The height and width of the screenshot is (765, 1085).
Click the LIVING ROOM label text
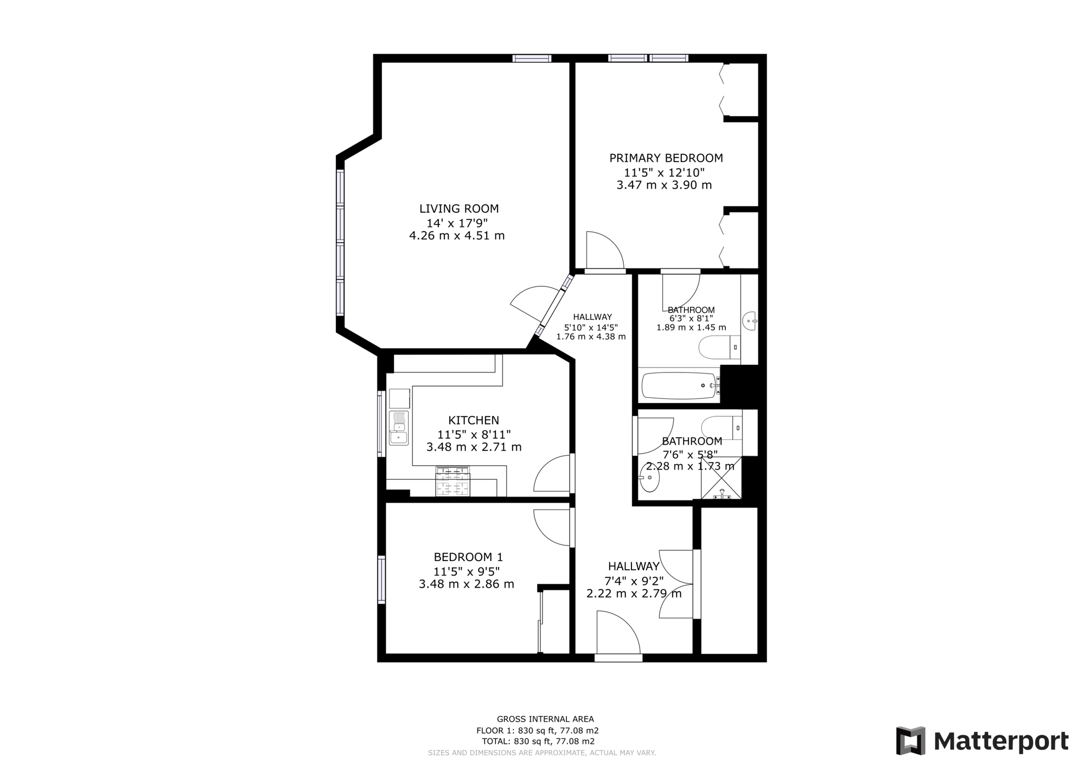point(458,209)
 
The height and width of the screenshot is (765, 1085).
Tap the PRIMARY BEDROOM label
point(666,158)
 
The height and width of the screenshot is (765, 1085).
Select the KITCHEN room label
point(473,420)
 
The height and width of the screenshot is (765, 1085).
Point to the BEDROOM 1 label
point(468,557)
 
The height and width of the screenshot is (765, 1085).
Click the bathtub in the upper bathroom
point(679,385)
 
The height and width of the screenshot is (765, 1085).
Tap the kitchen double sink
point(398,428)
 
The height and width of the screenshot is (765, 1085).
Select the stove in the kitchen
point(452,481)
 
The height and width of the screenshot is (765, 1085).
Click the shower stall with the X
point(721,478)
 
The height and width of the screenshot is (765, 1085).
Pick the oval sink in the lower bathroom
point(649,477)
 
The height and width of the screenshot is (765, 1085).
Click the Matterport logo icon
point(910,741)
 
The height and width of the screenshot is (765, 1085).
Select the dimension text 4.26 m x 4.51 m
point(457,236)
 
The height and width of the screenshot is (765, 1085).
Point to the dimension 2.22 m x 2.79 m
point(634,594)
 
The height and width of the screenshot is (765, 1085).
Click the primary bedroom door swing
point(603,250)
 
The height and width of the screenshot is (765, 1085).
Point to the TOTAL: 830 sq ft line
point(538,741)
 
